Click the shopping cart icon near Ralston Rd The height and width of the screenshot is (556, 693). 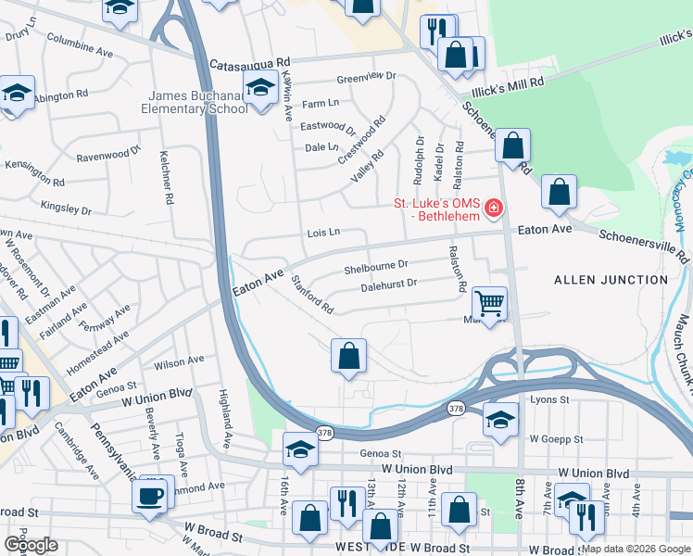(489, 302)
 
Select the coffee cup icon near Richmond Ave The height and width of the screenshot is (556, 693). (150, 495)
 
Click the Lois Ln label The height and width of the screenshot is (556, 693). (324, 234)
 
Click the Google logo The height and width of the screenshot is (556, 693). (31, 545)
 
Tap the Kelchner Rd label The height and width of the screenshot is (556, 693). (168, 178)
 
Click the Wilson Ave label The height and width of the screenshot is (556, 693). (180, 360)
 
